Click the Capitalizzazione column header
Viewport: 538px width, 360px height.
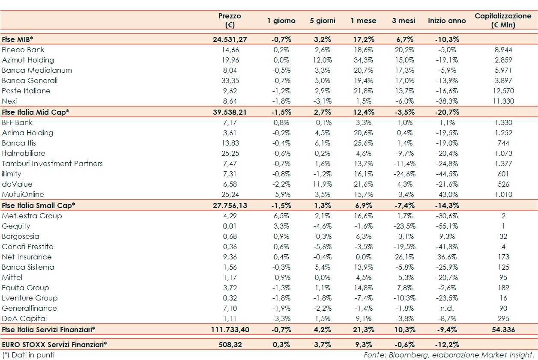[x=503, y=20]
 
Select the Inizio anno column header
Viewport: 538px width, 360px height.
[x=447, y=21]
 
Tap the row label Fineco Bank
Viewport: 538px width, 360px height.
[x=23, y=50]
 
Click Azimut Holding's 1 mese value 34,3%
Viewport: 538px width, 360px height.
[x=364, y=60]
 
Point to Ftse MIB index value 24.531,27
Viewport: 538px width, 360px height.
[x=230, y=39]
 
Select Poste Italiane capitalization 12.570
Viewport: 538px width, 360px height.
[x=503, y=91]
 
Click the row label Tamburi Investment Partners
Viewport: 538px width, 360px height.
[x=52, y=164]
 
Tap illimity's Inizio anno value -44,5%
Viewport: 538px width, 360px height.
[x=447, y=174]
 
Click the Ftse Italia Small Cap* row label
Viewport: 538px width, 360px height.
[x=39, y=205]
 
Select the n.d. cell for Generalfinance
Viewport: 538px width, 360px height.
[x=447, y=308]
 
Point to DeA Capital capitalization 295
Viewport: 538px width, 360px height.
[x=503, y=318]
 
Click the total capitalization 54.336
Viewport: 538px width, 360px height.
[x=503, y=329]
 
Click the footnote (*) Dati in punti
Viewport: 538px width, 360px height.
[x=28, y=355]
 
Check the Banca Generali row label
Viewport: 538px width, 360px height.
[x=30, y=80]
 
